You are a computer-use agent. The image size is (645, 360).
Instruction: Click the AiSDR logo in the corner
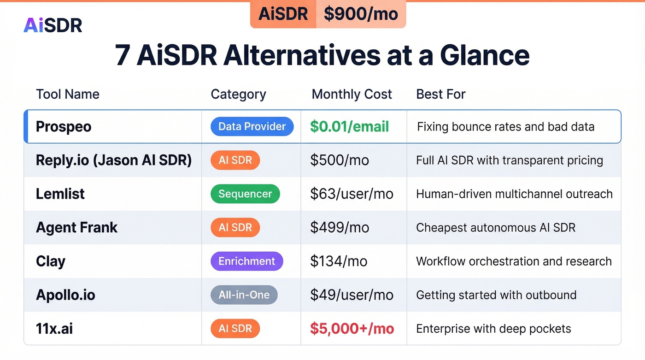(x=53, y=25)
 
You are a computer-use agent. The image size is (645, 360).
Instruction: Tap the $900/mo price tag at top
(x=360, y=14)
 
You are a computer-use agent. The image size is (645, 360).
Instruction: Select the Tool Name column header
(x=68, y=94)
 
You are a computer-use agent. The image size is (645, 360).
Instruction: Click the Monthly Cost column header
(x=352, y=94)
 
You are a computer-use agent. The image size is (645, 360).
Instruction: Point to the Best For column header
(x=440, y=94)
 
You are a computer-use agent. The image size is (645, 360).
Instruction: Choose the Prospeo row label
(x=64, y=127)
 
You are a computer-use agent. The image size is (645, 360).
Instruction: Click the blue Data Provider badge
(x=252, y=127)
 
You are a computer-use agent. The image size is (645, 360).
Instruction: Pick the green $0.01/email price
(x=349, y=127)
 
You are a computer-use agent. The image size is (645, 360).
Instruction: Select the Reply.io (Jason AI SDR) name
(x=114, y=160)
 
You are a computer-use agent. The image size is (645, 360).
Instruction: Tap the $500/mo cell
(x=340, y=160)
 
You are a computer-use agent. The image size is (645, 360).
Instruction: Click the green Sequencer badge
(x=245, y=194)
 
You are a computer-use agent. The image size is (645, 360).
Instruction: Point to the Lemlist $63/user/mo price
(x=352, y=194)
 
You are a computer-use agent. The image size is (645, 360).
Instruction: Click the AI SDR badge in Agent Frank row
(x=235, y=227)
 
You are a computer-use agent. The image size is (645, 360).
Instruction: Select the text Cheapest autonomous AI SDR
(x=495, y=227)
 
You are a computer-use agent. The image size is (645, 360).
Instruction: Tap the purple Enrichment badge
(x=246, y=261)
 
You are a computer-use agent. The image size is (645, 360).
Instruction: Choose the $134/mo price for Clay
(x=339, y=261)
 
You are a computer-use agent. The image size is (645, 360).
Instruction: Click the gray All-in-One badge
(x=244, y=295)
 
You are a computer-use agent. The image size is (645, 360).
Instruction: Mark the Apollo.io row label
(x=65, y=295)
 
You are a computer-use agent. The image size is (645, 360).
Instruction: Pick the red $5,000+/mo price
(x=352, y=329)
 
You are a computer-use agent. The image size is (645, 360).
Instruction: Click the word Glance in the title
(x=484, y=55)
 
